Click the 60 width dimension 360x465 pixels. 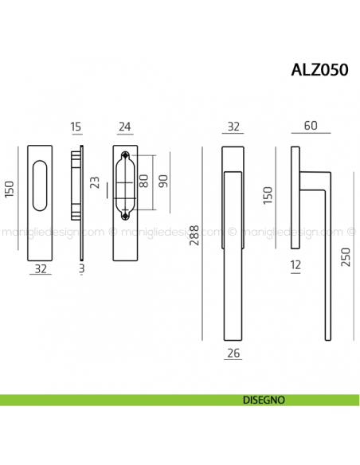[310, 125]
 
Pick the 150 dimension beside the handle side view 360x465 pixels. [268, 195]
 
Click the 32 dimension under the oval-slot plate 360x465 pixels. [41, 270]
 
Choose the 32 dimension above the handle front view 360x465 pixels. [233, 125]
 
